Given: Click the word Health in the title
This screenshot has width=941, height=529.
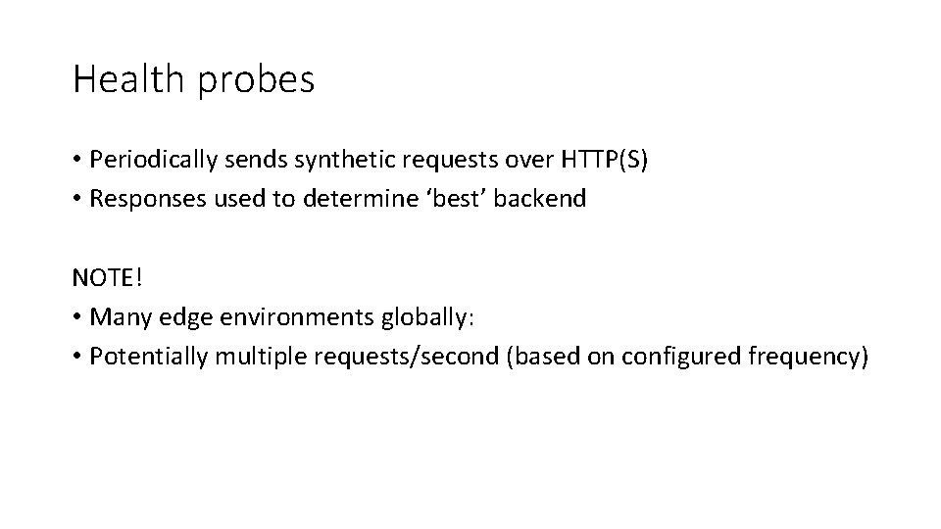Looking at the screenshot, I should click(127, 79).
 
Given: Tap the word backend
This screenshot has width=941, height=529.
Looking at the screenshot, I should click(541, 199).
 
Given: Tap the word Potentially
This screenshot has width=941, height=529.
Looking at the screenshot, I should click(148, 356).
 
